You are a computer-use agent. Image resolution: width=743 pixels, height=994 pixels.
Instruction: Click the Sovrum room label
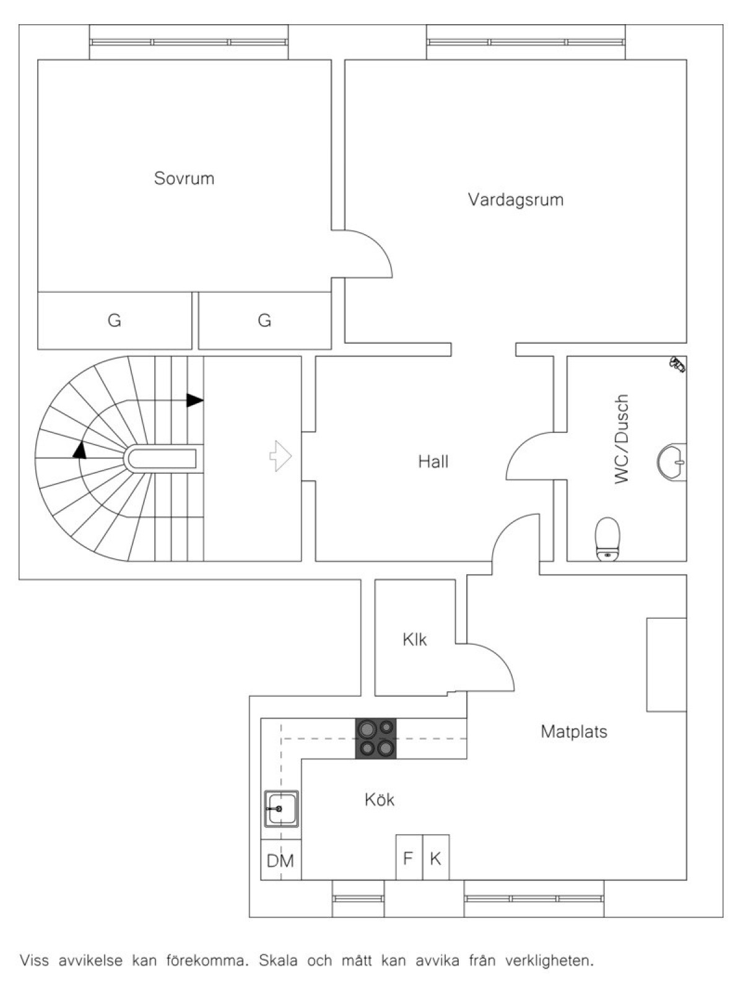click(x=184, y=178)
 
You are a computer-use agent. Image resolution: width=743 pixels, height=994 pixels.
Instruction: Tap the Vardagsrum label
click(x=516, y=199)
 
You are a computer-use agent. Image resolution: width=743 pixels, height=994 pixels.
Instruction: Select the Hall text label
click(x=433, y=462)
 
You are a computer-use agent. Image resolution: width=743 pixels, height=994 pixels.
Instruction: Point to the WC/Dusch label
click(x=622, y=439)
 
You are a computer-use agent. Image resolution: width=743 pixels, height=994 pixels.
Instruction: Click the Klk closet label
click(x=415, y=639)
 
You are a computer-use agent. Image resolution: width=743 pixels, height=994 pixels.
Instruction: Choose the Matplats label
click(x=574, y=731)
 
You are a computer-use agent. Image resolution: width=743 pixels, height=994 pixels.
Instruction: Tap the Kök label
click(x=380, y=800)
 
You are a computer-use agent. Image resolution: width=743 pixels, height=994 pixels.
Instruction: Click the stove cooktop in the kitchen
click(x=375, y=739)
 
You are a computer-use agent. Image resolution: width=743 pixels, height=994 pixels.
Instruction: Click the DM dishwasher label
click(x=280, y=860)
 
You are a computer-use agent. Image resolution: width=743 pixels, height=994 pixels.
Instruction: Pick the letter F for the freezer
click(x=408, y=858)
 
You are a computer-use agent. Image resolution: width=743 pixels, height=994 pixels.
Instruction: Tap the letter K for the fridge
click(x=435, y=858)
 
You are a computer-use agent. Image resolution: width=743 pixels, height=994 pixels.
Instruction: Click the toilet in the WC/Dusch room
click(x=607, y=539)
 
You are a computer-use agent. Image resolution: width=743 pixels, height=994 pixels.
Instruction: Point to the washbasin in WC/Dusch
click(x=672, y=462)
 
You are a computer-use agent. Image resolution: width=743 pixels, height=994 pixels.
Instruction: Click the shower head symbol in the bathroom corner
click(x=677, y=365)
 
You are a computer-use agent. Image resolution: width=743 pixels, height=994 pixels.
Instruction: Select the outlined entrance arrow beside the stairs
click(x=280, y=456)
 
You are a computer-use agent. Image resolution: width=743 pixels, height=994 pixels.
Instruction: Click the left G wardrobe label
click(x=114, y=321)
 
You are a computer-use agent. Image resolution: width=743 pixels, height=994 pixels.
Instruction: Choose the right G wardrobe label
click(x=264, y=321)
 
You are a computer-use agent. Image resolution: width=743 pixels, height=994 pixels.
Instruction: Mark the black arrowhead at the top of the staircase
click(x=195, y=400)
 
